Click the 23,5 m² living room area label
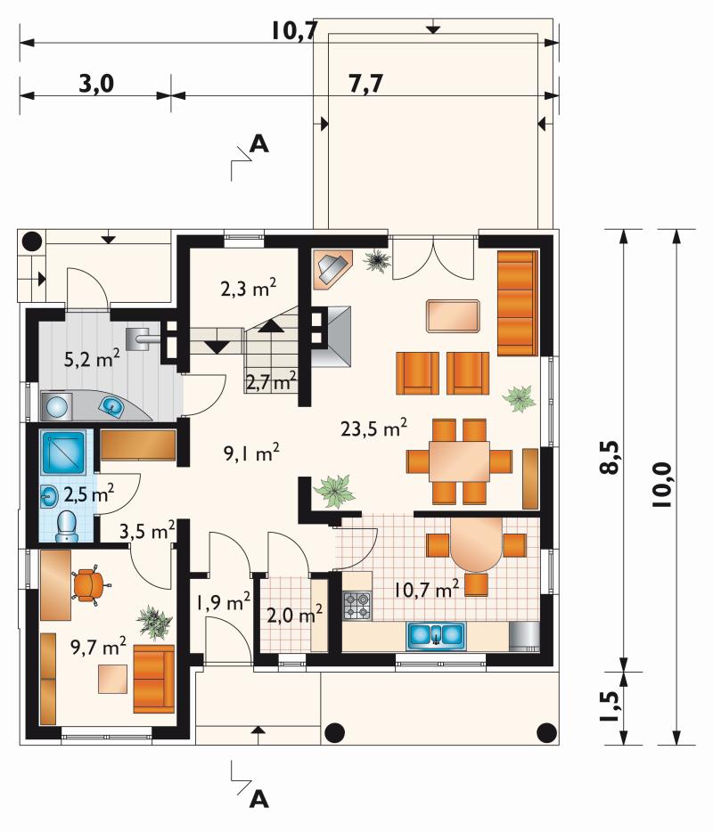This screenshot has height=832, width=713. [373, 428]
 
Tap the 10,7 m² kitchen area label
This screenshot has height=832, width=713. [426, 590]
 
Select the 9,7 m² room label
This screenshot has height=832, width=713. [98, 647]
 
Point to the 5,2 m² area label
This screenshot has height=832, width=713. [91, 359]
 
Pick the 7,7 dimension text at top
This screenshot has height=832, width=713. [365, 84]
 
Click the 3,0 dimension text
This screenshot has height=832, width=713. [96, 84]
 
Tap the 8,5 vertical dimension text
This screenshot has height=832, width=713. [610, 457]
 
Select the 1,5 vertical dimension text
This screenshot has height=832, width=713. [610, 706]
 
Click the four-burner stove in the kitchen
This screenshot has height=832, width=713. [357, 606]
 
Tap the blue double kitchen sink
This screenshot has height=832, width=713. [436, 636]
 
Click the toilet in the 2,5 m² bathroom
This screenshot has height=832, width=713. [66, 526]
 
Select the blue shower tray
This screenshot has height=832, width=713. [63, 453]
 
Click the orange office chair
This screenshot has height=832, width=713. [89, 585]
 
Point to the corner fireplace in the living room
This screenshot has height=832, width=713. [332, 269]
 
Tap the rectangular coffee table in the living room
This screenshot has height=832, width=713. [454, 316]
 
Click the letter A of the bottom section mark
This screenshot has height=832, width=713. [259, 798]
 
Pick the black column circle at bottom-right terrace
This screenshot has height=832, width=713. [546, 733]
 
